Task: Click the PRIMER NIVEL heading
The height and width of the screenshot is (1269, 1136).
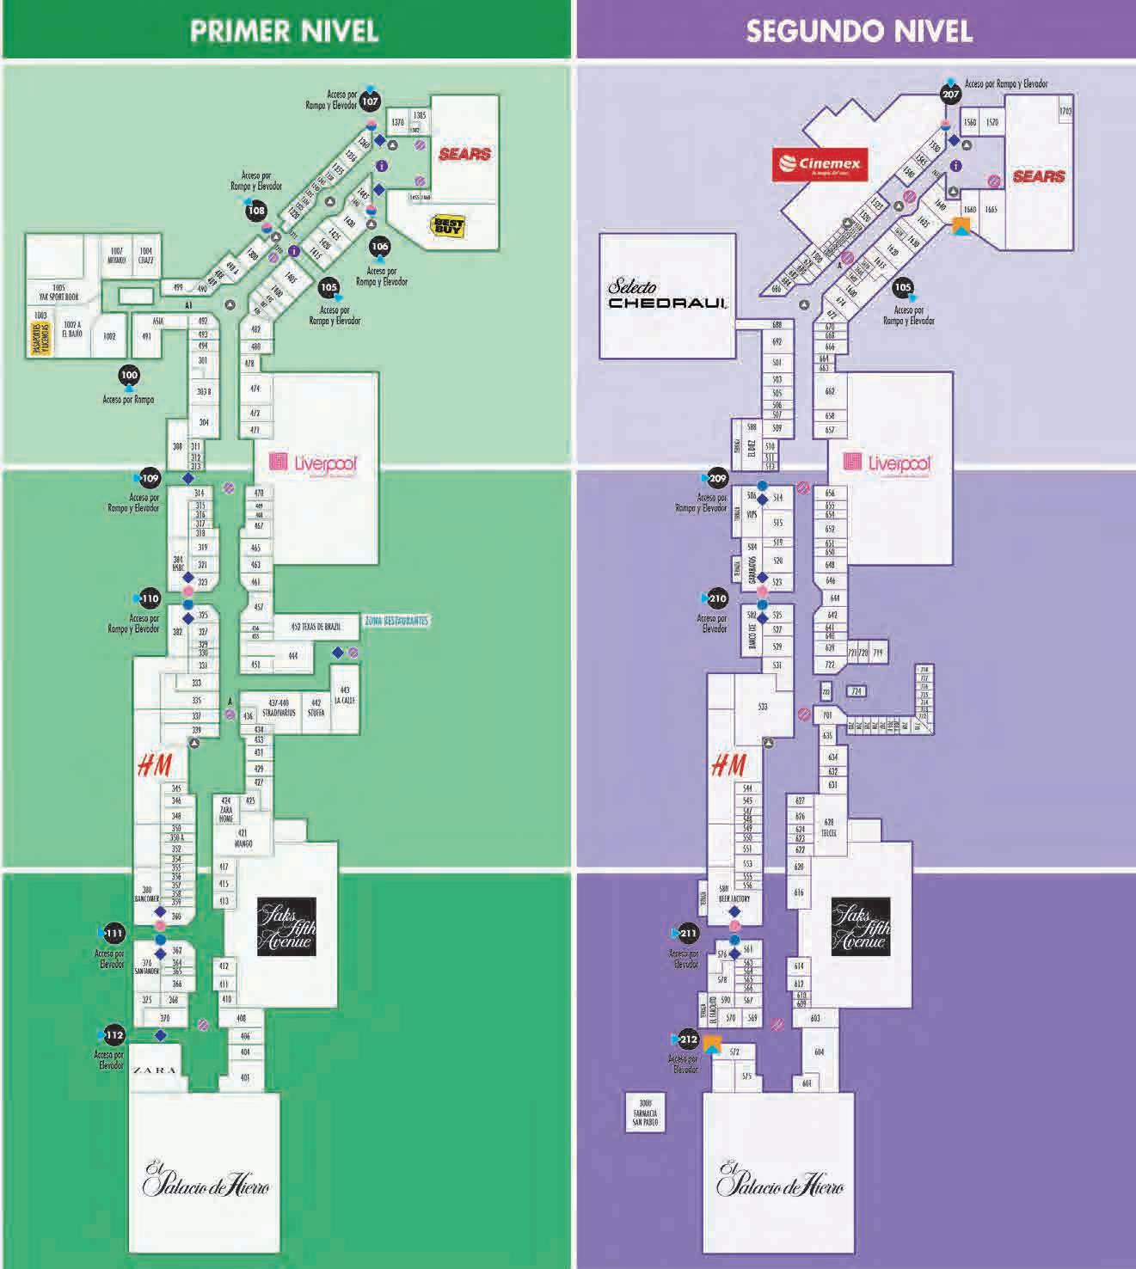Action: coord(284,30)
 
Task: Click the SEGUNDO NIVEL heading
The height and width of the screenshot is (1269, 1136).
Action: coord(858,30)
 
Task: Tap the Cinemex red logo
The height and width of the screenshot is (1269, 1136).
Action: coord(818,164)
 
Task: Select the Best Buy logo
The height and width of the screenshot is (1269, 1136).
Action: coord(448,227)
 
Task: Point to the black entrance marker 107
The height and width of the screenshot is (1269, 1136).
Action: coord(370,101)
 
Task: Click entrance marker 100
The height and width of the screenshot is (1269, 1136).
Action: coord(129,376)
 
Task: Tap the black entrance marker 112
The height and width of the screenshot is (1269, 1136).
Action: coord(114,1035)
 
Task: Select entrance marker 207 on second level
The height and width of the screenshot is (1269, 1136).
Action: coord(950,95)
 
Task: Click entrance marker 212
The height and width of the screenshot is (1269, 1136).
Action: coord(689,1039)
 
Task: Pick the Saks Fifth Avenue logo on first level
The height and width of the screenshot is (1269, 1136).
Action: coord(286,926)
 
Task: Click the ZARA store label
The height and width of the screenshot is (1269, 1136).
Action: coord(155,1071)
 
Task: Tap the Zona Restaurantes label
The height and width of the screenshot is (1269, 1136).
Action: coord(396,621)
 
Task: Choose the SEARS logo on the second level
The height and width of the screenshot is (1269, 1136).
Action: coord(1039,177)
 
